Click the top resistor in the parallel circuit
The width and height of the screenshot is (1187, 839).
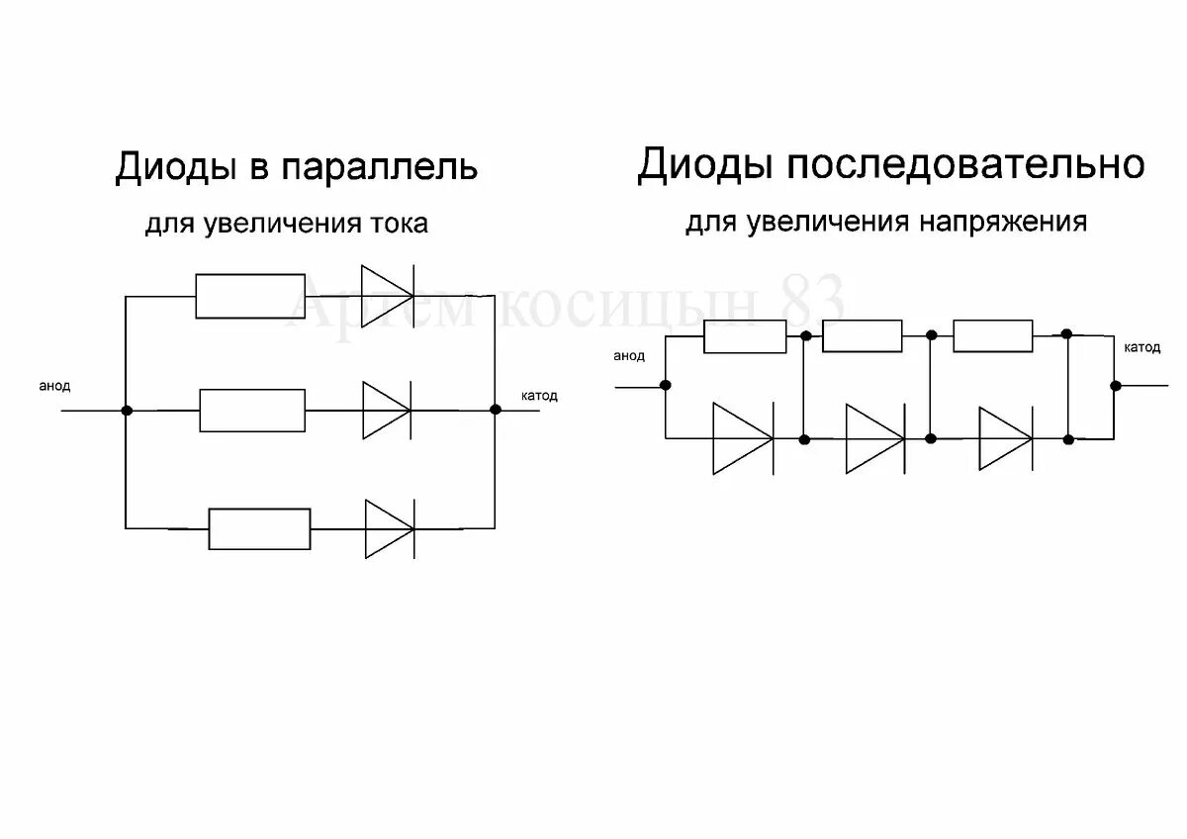(249, 296)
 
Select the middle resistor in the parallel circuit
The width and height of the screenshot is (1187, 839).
(252, 410)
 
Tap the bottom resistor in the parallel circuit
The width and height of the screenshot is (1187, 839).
(259, 529)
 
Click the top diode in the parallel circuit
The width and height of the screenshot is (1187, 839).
(387, 293)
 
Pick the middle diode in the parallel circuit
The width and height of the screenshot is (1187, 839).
(387, 410)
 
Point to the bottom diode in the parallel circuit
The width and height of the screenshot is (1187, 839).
(389, 528)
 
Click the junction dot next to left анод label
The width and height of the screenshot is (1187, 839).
(126, 410)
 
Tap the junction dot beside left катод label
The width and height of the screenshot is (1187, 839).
(495, 409)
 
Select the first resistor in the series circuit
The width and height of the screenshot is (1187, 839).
(745, 336)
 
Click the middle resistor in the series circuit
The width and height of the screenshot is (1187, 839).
(862, 336)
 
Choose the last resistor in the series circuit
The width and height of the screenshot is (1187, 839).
(992, 336)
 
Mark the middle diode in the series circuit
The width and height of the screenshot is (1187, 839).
(874, 438)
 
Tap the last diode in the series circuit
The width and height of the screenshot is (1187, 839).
(1006, 438)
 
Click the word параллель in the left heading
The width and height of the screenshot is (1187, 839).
(381, 167)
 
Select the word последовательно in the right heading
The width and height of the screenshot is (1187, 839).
(965, 164)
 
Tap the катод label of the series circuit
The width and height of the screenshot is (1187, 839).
(1142, 347)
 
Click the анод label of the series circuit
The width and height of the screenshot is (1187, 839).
(629, 356)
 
